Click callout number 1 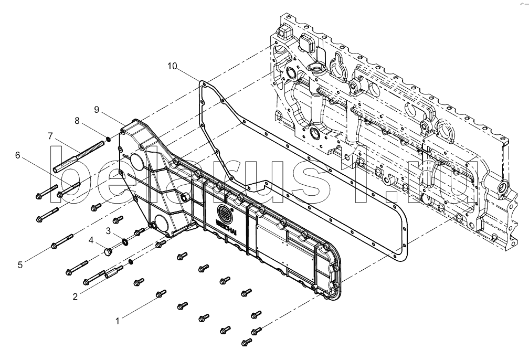click(x=118, y=321)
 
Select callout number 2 click(x=75, y=297)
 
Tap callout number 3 click(x=108, y=231)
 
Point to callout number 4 click(x=91, y=240)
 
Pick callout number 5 click(x=20, y=265)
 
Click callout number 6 click(x=17, y=155)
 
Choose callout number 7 click(x=50, y=136)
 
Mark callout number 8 click(x=77, y=121)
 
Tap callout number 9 click(x=97, y=110)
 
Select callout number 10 click(x=172, y=66)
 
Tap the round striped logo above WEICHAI click(x=225, y=212)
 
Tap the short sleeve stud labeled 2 click(x=114, y=272)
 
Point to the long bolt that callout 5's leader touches click(x=62, y=240)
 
